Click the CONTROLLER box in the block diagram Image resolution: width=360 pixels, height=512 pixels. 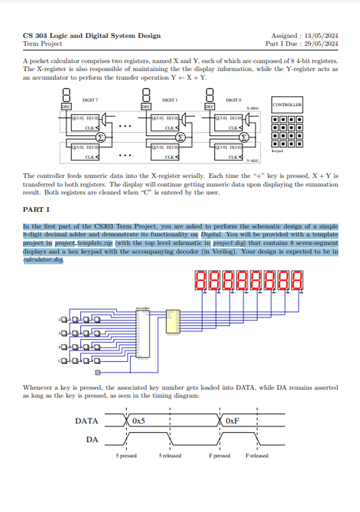click(x=287, y=105)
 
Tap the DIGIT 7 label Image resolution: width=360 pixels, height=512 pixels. click(x=90, y=99)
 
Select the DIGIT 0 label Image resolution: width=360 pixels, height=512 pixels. click(x=233, y=99)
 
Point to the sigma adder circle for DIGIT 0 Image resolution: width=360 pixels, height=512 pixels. click(x=244, y=138)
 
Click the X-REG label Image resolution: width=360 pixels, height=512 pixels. click(x=252, y=108)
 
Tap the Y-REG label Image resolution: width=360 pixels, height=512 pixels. click(x=252, y=160)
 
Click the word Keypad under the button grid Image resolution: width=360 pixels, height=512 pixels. click(x=278, y=151)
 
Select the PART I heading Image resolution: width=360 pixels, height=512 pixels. click(x=36, y=210)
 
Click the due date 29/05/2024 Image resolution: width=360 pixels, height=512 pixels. click(x=321, y=44)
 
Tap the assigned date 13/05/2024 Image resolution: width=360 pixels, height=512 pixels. click(x=321, y=36)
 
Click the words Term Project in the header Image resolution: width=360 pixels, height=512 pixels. click(x=42, y=44)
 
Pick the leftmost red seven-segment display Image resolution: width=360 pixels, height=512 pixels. click(x=202, y=280)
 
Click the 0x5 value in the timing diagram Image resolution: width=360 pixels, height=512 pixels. click(x=139, y=421)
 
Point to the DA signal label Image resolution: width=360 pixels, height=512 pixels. click(x=92, y=439)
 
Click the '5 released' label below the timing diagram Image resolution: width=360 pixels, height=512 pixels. click(x=169, y=456)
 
